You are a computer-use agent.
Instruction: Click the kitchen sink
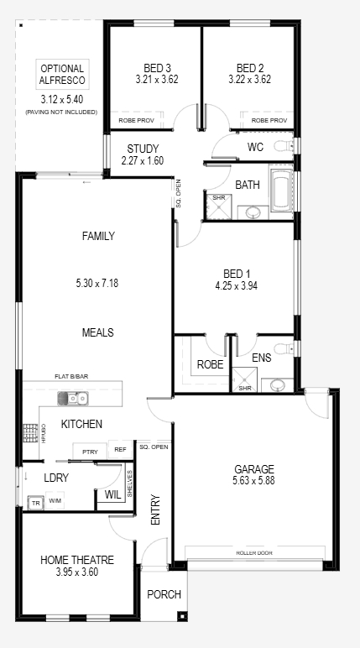(73, 399)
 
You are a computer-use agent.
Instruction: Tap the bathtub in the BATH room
(281, 192)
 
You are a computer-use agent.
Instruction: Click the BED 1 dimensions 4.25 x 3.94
(237, 285)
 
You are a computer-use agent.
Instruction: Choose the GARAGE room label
(254, 469)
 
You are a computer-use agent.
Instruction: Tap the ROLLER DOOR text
(254, 553)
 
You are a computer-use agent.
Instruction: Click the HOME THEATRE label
(77, 561)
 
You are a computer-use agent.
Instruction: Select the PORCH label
(164, 594)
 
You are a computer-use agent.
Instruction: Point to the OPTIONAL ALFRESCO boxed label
(62, 75)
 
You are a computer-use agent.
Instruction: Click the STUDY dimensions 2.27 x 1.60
(143, 160)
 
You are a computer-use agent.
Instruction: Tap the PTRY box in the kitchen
(90, 452)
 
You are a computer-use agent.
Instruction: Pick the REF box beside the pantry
(120, 449)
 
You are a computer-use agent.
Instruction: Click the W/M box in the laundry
(55, 500)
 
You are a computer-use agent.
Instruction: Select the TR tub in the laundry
(35, 503)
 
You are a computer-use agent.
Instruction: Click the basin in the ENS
(277, 385)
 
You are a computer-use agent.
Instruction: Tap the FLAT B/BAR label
(71, 377)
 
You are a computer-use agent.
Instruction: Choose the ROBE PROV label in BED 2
(269, 121)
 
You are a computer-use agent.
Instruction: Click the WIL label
(112, 494)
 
